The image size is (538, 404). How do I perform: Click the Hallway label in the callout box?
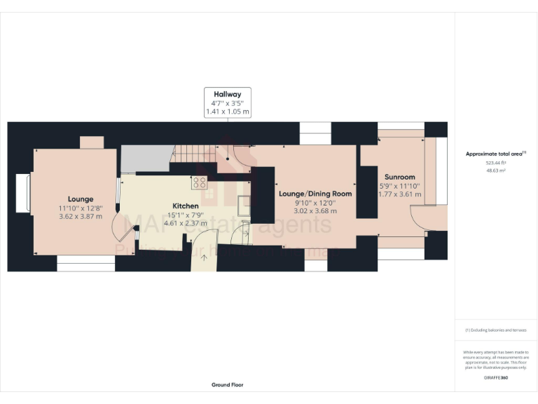pyautogui.click(x=227, y=94)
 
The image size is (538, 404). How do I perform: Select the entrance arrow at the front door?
pyautogui.click(x=205, y=257)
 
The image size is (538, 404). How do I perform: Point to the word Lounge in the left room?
pyautogui.click(x=81, y=198)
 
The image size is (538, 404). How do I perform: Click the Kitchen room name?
pyautogui.click(x=186, y=206)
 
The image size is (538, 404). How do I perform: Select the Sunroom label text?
pyautogui.click(x=399, y=177)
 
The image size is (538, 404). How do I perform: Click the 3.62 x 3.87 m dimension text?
pyautogui.click(x=81, y=217)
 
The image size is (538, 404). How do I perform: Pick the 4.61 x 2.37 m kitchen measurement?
pyautogui.click(x=186, y=223)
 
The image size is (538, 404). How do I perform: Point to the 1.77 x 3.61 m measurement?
pyautogui.click(x=399, y=195)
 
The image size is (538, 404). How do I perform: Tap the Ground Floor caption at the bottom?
pyautogui.click(x=227, y=384)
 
